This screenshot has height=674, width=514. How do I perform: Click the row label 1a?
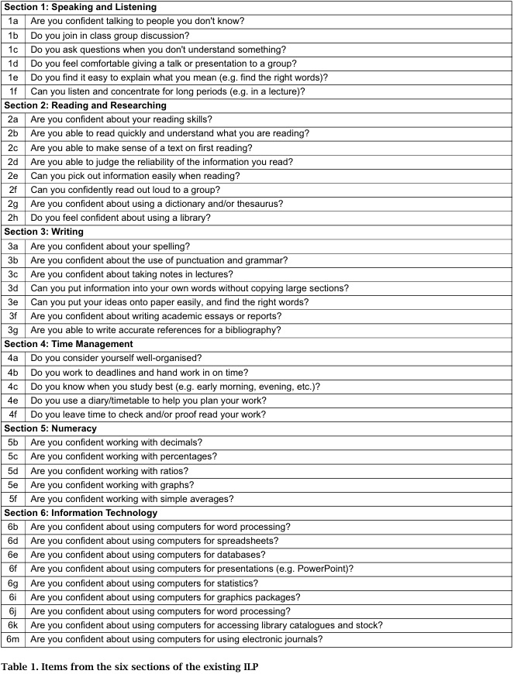click(13, 22)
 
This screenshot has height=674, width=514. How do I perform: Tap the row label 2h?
click(13, 218)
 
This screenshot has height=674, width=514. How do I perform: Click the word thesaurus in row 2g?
click(260, 204)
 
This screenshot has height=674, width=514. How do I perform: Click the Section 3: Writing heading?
click(44, 232)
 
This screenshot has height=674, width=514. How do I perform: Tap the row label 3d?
click(13, 288)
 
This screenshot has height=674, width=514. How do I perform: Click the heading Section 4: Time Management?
click(68, 344)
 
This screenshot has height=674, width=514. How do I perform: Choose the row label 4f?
click(13, 414)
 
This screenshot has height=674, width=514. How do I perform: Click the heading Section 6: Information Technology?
click(81, 513)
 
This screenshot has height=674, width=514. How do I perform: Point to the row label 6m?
click(13, 639)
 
